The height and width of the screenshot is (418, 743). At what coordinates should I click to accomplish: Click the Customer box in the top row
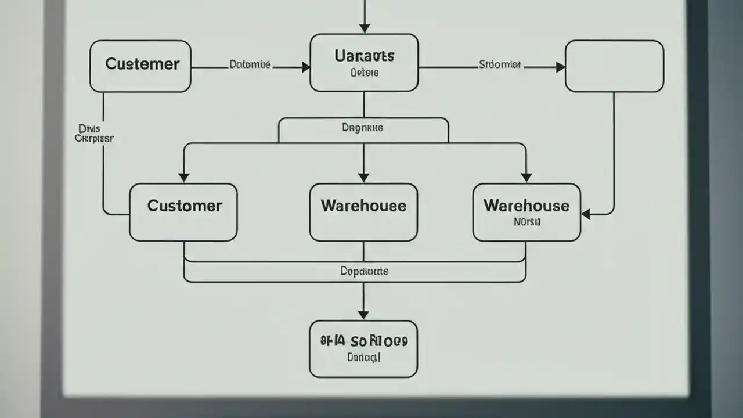point(140,66)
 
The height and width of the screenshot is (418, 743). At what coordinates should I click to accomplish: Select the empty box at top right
point(614,66)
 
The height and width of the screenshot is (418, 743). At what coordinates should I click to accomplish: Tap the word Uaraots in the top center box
point(364,56)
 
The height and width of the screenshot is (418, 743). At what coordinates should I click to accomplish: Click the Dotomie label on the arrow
point(250,65)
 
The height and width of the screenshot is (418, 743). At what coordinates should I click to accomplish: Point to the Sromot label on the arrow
point(500,65)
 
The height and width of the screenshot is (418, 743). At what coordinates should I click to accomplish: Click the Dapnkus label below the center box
point(363,128)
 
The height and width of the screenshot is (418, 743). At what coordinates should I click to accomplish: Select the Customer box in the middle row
point(183,212)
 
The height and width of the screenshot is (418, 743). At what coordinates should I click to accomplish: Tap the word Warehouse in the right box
point(526,206)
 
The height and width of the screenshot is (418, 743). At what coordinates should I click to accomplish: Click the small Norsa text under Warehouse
point(527,222)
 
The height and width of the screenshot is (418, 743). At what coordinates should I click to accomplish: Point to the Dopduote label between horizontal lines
point(364,271)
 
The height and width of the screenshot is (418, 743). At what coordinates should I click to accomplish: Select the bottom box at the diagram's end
point(363,349)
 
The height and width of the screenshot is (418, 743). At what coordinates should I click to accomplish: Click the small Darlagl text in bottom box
point(363,358)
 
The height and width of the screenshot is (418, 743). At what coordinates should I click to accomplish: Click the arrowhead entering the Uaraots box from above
point(364,27)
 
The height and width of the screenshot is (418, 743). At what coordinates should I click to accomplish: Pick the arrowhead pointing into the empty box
point(560,67)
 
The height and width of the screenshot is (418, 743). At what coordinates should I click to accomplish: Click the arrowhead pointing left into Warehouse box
point(586,214)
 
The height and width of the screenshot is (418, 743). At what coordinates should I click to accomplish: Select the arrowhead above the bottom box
point(363,315)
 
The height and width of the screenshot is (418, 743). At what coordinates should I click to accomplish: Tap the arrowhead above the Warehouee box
point(363,177)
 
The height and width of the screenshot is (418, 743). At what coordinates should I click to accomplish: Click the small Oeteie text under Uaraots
point(365,73)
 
